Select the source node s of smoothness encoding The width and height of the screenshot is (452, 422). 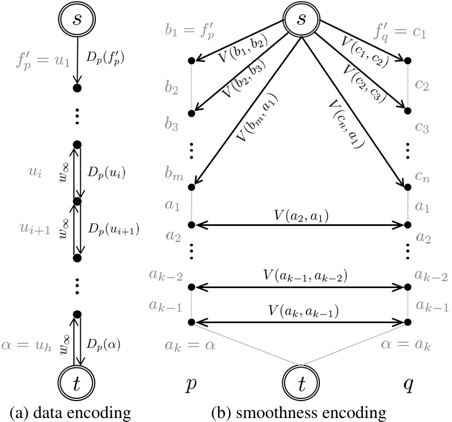(301, 20)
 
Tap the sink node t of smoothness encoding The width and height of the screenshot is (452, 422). (301, 385)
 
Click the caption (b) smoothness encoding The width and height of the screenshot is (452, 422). (300, 412)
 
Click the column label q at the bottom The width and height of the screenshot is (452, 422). (408, 385)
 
